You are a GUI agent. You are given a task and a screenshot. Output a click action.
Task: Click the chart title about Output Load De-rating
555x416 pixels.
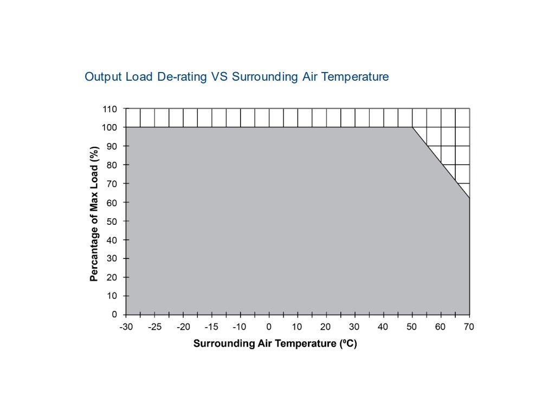coord(237,77)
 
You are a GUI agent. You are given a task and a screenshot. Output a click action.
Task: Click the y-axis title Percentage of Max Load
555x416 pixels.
coord(94,213)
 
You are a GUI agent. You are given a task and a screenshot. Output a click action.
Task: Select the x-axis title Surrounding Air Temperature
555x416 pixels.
coord(275,343)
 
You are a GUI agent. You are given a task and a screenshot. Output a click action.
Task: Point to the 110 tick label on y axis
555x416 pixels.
coord(110,109)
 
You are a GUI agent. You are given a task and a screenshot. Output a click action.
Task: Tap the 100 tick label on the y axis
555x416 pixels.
coord(110,127)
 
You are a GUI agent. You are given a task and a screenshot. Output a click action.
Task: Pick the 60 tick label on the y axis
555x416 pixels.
coord(112,203)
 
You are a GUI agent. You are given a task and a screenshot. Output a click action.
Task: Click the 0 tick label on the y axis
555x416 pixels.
coord(114,315)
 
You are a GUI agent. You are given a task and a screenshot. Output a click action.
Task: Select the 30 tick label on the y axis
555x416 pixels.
coord(112,258)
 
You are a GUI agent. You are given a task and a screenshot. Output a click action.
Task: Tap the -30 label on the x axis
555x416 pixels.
coord(126,327)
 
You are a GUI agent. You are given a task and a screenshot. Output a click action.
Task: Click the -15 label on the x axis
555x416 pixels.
coord(212,327)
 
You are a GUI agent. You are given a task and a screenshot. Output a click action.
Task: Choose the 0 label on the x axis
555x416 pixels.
coord(268,327)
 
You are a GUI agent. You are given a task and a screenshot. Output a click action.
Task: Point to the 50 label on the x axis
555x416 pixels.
coord(412,327)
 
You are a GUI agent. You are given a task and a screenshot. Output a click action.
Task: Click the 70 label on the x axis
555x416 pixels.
coord(469,327)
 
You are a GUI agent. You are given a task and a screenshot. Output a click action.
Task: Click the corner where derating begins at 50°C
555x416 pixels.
coord(412,127)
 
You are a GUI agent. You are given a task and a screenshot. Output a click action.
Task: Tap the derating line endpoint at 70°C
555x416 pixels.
coord(469,199)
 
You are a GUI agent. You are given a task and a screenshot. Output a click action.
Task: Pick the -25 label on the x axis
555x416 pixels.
coord(154,327)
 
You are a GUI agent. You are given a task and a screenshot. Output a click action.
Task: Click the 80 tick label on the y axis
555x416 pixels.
coord(112,165)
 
